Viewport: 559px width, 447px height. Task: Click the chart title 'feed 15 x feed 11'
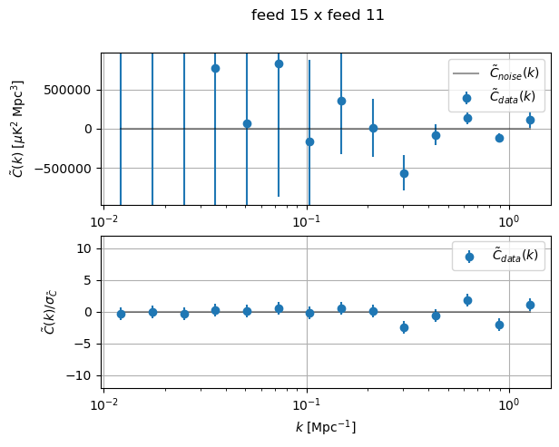318,15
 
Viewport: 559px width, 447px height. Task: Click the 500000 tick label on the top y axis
71,91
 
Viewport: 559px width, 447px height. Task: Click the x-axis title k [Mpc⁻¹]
326,426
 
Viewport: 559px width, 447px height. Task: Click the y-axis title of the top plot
18,129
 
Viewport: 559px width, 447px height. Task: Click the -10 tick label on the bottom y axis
83,375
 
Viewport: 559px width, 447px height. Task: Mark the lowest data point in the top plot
404,173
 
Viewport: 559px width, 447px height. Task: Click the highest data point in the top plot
279,63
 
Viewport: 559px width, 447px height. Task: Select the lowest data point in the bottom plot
404,327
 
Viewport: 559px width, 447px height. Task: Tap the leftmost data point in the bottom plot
121,314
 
